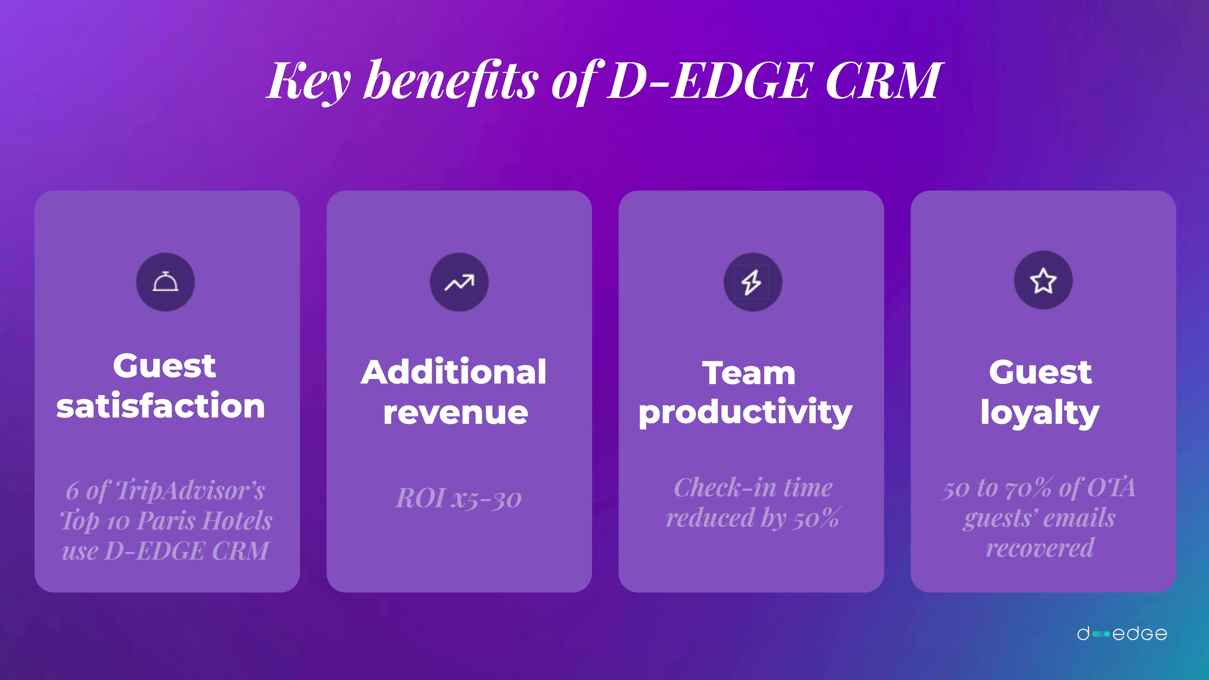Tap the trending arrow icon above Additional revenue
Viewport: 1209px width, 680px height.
(x=459, y=282)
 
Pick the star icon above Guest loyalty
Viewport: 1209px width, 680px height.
(x=1043, y=281)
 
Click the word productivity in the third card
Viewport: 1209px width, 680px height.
(x=745, y=412)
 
